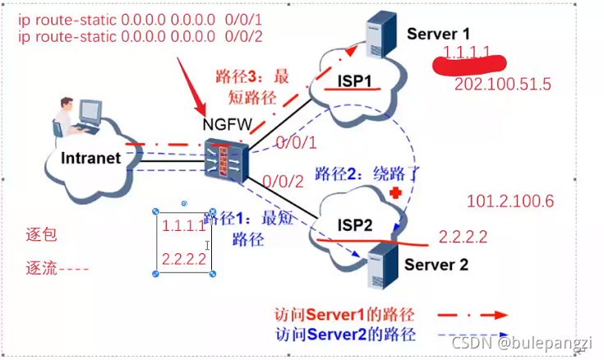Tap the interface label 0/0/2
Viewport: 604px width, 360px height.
(x=280, y=182)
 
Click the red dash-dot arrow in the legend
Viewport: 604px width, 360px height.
(x=468, y=315)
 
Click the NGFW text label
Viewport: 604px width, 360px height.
(x=226, y=126)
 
